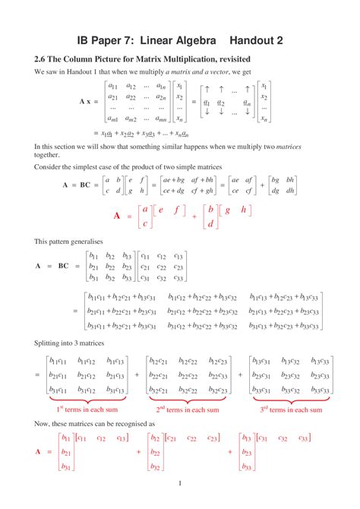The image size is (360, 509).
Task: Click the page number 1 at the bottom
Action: [180, 484]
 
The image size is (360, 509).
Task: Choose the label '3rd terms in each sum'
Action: [291, 409]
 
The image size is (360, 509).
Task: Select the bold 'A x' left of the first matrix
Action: [87, 101]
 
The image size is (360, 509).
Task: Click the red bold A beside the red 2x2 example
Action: [117, 216]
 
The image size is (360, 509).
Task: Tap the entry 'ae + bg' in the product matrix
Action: [179, 179]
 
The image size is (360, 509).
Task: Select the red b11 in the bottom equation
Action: [65, 438]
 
